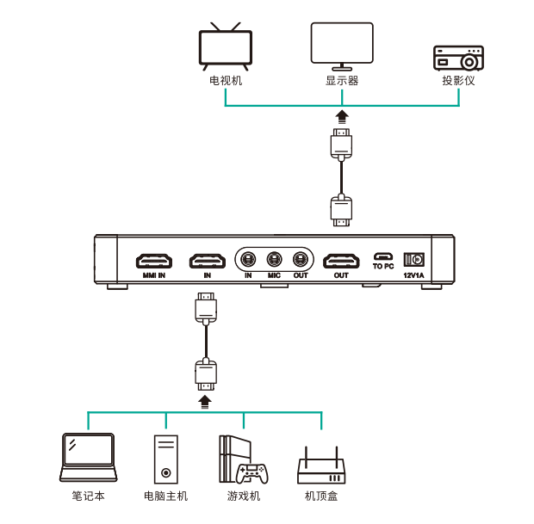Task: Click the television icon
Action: coord(226,46)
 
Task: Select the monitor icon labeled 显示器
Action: coord(342,46)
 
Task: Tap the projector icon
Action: coord(458,59)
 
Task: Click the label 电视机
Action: coord(226,81)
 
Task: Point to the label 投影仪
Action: coord(458,81)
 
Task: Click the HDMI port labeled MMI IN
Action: coord(154,261)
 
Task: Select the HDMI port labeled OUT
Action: coord(341,261)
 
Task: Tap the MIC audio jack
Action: coord(274,260)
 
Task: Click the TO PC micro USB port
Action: coord(383,256)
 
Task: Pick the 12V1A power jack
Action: coord(413,260)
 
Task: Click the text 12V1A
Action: coord(413,275)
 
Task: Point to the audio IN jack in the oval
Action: coord(248,260)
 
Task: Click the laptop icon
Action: coord(88,457)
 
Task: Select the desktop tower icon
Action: coord(166,459)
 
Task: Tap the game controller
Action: coord(252,473)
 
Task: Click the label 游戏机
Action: coord(244,496)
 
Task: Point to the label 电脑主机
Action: coord(166,496)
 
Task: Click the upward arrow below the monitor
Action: coord(342,117)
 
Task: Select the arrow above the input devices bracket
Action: coord(205,402)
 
